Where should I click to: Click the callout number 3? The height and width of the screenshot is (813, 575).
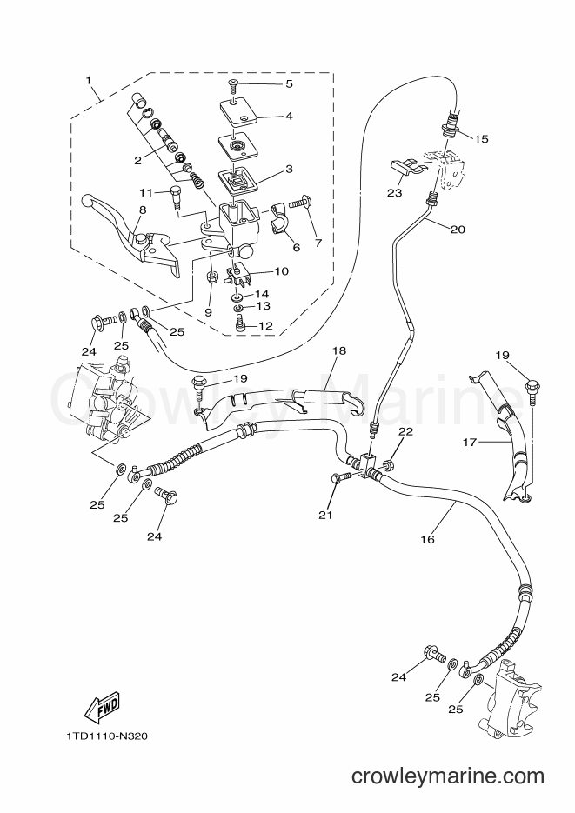[290, 169]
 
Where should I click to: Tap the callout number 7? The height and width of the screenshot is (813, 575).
[318, 242]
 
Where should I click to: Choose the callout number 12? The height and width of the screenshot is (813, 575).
[266, 326]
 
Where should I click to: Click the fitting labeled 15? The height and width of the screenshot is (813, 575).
[450, 125]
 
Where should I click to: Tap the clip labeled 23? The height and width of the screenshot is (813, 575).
[406, 169]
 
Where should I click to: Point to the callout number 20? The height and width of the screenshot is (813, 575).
[458, 229]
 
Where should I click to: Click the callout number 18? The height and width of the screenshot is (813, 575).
[339, 350]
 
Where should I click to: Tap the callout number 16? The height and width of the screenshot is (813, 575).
[427, 539]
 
